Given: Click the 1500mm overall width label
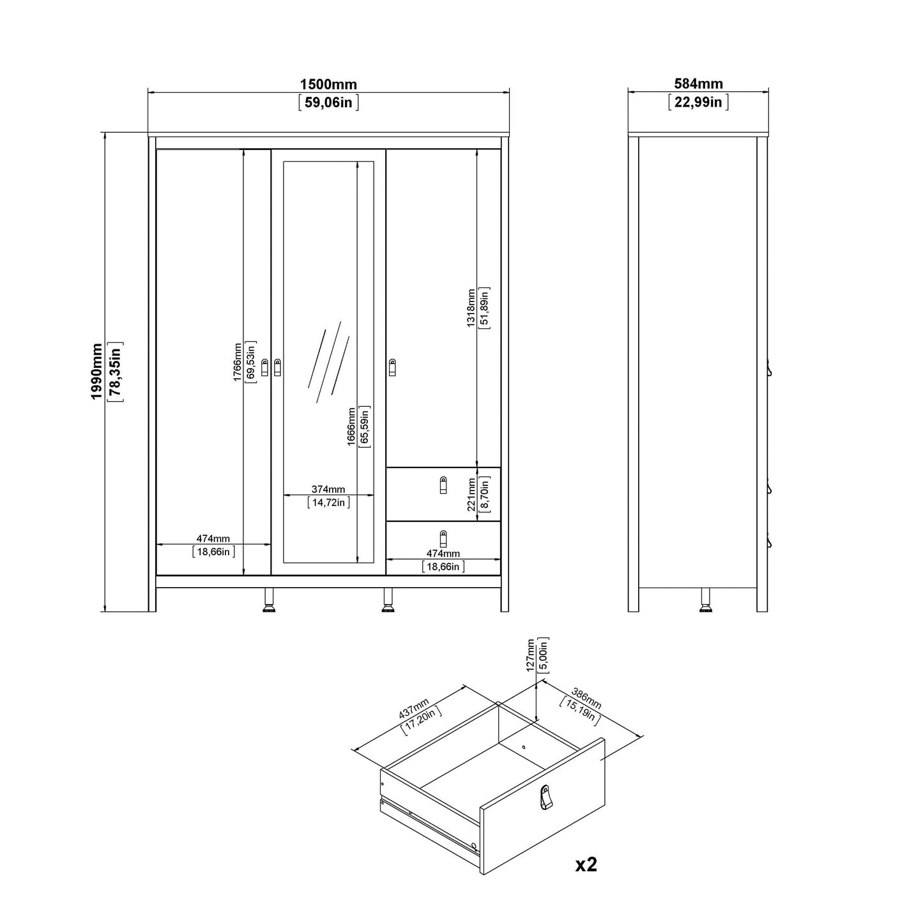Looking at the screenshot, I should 328,84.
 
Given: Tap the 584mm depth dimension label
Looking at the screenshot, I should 698,84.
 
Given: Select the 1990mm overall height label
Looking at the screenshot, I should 97,372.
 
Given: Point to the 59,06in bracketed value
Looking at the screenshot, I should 328,102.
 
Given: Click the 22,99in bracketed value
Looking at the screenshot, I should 698,102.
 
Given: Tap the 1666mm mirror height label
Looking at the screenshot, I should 352,426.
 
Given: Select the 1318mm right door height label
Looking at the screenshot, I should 471,307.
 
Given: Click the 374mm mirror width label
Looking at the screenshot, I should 328,489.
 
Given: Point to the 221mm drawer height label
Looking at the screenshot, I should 471,494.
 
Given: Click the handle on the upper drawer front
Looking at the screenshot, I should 443,485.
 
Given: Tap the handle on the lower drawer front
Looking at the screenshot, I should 443,539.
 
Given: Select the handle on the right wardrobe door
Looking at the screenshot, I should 392,367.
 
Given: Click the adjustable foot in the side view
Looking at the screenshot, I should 706,600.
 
